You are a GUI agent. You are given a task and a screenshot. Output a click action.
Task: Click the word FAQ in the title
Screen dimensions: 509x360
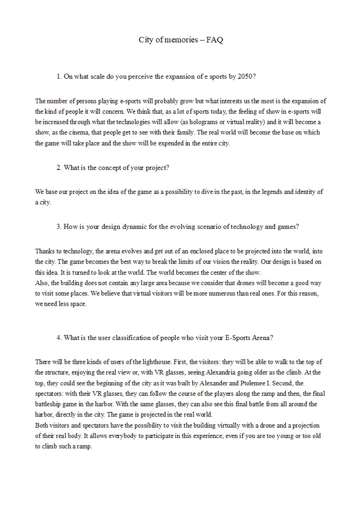tap(215, 40)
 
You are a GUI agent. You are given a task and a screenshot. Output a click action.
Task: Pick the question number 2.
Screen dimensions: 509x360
tap(59, 167)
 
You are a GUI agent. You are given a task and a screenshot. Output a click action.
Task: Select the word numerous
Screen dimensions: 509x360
tap(214, 293)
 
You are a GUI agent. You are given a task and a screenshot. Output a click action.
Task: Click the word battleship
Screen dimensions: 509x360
tap(51, 403)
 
